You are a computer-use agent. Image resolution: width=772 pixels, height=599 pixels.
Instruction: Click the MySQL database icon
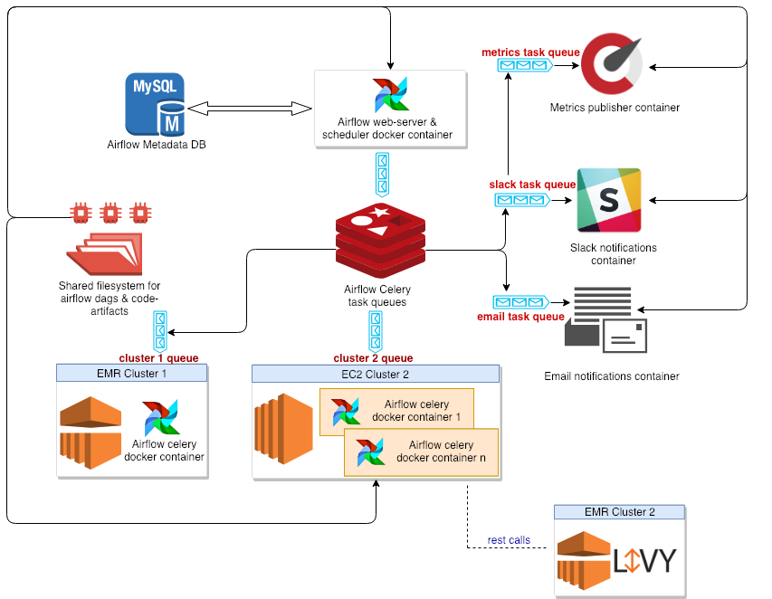click(155, 104)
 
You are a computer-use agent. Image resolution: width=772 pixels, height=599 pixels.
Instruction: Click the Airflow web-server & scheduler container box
click(389, 109)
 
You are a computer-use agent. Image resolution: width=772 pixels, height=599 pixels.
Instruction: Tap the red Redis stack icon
click(380, 241)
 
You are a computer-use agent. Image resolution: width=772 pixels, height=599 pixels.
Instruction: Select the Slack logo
click(609, 199)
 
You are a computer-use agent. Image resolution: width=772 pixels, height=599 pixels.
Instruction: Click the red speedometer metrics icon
click(612, 64)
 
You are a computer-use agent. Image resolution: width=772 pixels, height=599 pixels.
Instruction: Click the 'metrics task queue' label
click(530, 52)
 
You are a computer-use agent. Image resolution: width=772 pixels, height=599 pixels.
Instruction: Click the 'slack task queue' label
click(532, 185)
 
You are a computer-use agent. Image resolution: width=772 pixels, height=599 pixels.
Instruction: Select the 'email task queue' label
click(520, 317)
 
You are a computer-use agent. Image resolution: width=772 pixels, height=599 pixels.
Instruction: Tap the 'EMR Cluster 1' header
click(131, 373)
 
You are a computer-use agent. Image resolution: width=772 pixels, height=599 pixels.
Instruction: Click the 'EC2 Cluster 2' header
click(375, 374)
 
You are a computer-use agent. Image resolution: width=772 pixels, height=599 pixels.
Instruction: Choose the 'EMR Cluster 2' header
click(619, 512)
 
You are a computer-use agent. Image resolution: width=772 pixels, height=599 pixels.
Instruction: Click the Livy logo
click(643, 561)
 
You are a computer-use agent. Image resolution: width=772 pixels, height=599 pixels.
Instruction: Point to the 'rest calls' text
click(509, 540)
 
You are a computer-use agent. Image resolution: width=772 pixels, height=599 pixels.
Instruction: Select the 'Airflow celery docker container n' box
click(421, 452)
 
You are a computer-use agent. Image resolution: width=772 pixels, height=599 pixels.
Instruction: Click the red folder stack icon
click(105, 253)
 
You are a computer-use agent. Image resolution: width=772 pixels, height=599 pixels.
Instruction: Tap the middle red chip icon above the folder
click(110, 214)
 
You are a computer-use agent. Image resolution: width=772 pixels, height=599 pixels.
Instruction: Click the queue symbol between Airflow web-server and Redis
click(383, 174)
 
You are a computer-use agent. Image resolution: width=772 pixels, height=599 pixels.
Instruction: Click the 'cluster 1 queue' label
click(158, 357)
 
